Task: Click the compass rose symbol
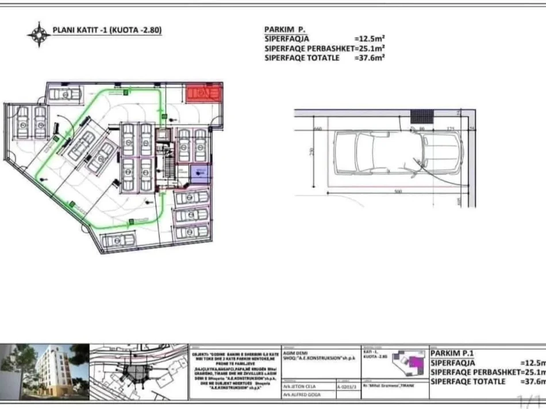point(39,34)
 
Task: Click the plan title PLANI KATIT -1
point(107,30)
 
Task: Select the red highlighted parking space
point(204,93)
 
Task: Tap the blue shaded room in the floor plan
point(200,174)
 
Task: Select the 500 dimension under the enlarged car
point(398,191)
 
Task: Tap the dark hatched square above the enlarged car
point(422,116)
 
